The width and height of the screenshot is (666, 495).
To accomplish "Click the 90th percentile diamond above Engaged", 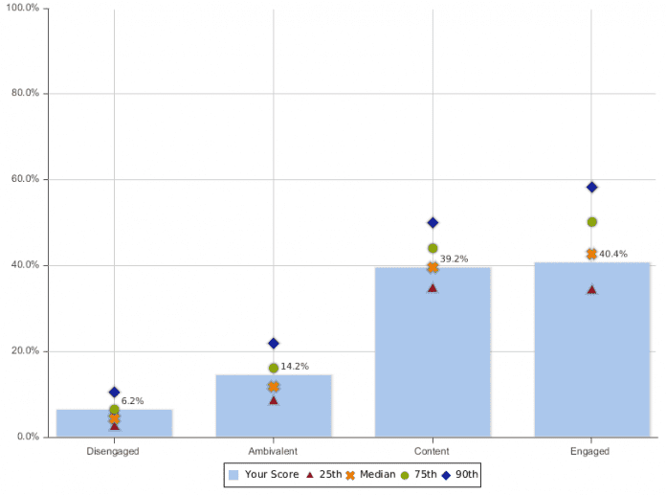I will click(591, 188).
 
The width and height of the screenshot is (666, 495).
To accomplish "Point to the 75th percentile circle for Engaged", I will click(591, 222).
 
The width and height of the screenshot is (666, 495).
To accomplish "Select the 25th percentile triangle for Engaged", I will click(591, 289).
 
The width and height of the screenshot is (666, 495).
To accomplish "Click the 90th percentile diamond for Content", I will click(433, 223).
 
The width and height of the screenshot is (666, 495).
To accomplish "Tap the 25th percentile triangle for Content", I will click(433, 287).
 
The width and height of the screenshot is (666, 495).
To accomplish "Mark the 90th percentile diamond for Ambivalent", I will click(274, 343).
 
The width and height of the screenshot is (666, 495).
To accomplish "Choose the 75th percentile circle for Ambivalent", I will click(274, 368).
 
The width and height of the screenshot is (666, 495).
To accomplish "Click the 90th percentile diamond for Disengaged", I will click(115, 393).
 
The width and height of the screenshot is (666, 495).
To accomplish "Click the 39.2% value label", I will click(455, 259).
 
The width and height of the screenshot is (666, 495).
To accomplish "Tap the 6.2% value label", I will click(132, 401).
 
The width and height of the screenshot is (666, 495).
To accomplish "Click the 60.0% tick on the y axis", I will click(25, 179).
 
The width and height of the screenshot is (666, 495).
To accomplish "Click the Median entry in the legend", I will click(370, 474).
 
